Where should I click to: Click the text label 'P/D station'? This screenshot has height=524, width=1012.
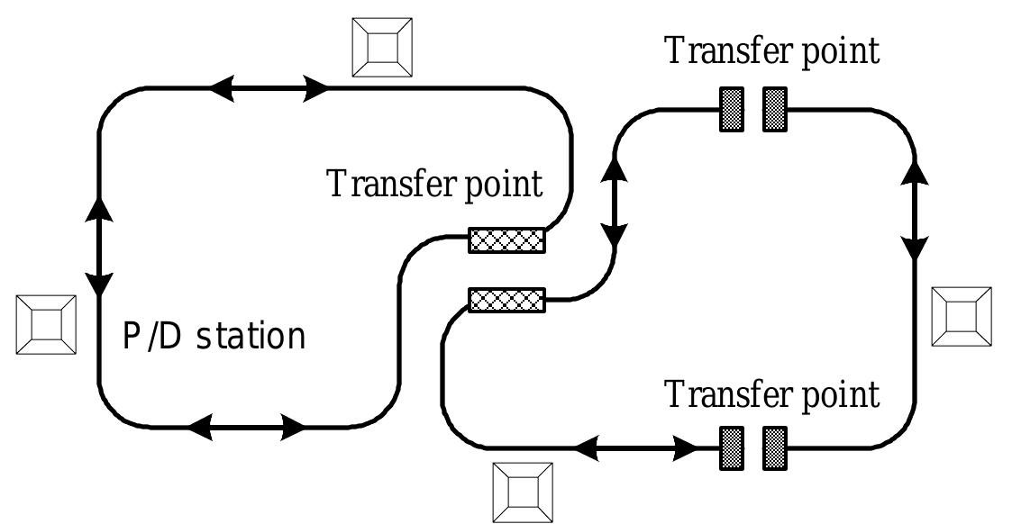[x=214, y=338]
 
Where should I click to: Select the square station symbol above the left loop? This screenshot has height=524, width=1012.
[x=382, y=48]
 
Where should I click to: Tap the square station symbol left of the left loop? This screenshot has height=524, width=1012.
[x=47, y=323]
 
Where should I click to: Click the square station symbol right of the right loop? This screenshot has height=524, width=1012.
[x=961, y=317]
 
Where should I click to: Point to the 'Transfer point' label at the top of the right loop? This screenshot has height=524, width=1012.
[x=771, y=50]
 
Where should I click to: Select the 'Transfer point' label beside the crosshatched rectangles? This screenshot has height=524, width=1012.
[x=434, y=184]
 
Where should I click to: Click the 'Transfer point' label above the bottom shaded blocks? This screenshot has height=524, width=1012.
[x=771, y=394]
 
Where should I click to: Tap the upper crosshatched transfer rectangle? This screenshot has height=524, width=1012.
[x=506, y=240]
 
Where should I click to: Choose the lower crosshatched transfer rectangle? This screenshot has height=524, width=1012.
[x=506, y=299]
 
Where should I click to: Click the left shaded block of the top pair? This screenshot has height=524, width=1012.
[x=732, y=109]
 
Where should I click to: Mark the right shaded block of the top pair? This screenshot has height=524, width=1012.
[x=775, y=109]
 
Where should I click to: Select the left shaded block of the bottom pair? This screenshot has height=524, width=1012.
[x=732, y=447]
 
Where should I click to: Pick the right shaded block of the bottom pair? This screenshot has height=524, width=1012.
[x=775, y=447]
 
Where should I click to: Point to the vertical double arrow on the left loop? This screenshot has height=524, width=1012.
[x=99, y=245]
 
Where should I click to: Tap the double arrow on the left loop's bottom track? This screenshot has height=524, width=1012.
[x=246, y=428]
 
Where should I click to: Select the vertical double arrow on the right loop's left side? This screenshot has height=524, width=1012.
[x=616, y=202]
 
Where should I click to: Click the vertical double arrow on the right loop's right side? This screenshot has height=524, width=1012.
[x=916, y=210]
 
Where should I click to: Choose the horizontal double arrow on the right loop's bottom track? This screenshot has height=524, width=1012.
[x=638, y=447]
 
